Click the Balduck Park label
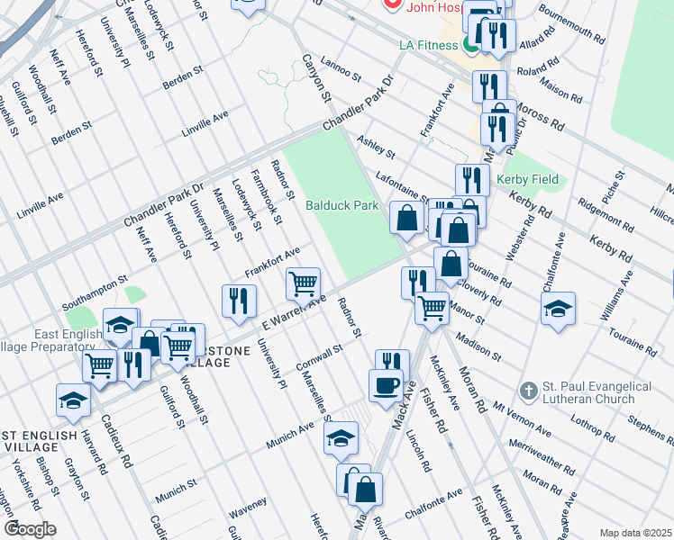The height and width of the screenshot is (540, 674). [342, 205]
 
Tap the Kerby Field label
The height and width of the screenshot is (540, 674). [527, 179]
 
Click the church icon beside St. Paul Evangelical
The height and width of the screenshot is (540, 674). [529, 391]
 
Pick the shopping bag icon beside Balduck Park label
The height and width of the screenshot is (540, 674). [407, 217]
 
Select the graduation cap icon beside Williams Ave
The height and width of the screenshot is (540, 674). [558, 308]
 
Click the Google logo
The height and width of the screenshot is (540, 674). [30, 528]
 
